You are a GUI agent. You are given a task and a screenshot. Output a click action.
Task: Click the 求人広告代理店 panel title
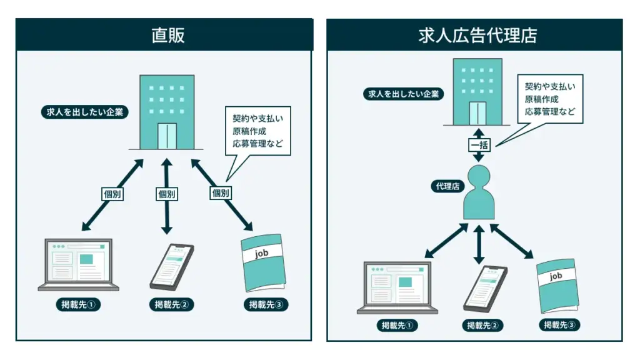(x=478, y=35)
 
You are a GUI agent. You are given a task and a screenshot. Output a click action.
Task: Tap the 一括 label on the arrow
(x=479, y=145)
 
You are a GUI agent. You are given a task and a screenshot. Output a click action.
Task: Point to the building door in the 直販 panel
(x=167, y=136)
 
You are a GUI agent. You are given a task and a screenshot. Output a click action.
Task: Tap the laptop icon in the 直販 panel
(x=79, y=264)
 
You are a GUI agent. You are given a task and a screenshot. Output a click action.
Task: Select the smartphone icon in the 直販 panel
(x=172, y=264)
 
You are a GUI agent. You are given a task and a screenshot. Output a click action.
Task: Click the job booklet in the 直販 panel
(x=263, y=262)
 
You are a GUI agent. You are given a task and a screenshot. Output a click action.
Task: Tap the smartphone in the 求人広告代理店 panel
(x=486, y=288)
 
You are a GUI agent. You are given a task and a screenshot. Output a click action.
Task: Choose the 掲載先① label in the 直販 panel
(x=77, y=305)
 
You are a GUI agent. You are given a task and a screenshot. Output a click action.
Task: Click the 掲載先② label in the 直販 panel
(x=172, y=305)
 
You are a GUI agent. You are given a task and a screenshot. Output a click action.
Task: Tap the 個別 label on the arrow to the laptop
(x=112, y=194)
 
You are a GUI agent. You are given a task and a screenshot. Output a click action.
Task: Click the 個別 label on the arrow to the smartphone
(x=167, y=194)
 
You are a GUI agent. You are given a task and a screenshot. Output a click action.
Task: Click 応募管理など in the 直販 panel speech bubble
(x=257, y=144)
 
